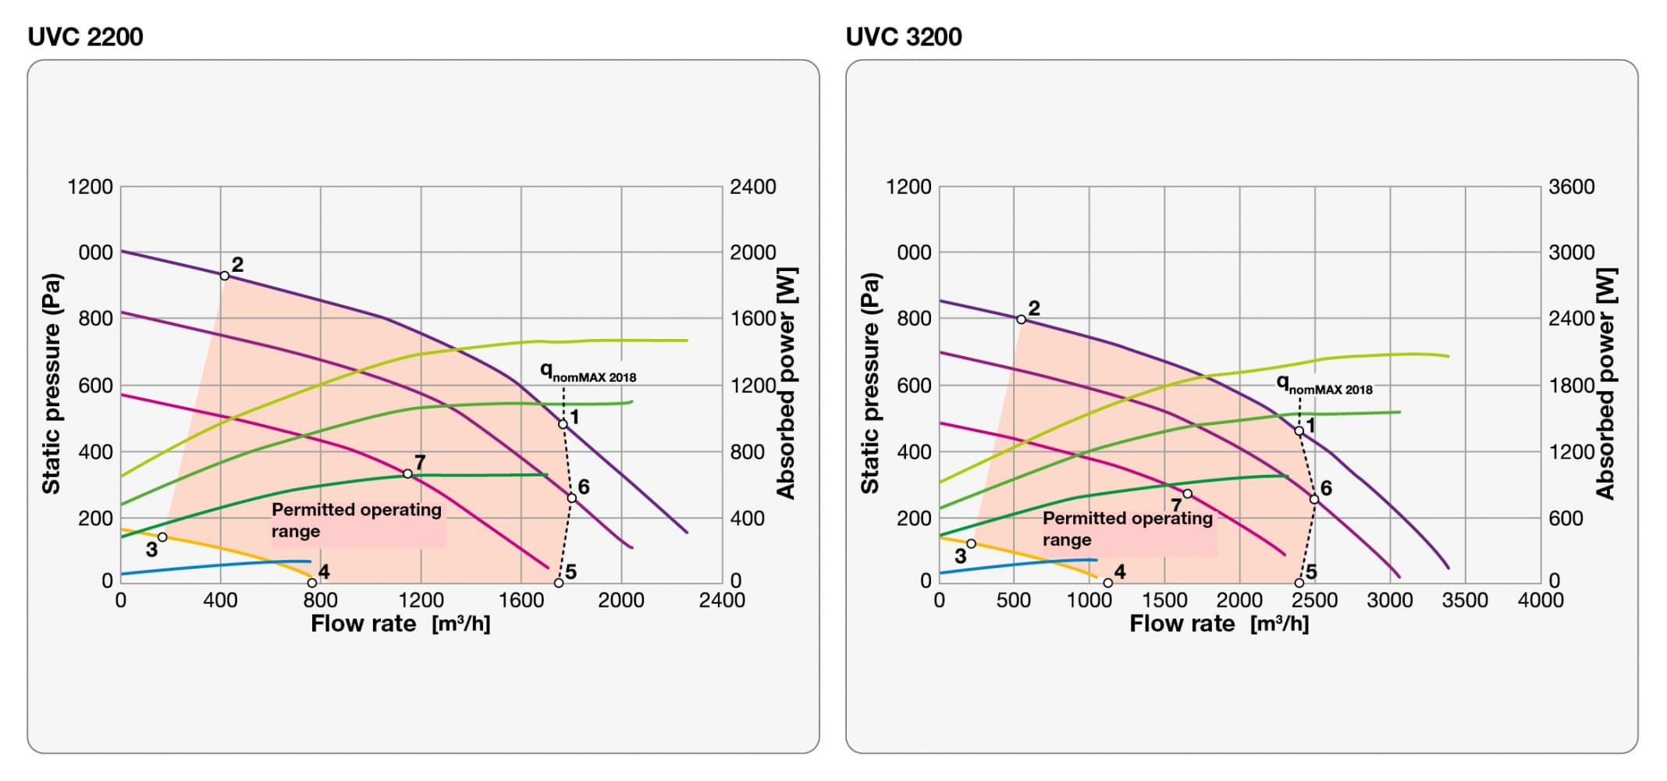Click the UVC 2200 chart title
85,37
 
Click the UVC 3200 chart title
903,37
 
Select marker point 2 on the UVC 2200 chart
225,276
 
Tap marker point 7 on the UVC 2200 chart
407,474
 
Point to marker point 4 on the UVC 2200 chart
312,583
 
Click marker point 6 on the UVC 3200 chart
1314,499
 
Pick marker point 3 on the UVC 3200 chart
971,544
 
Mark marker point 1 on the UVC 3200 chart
1299,431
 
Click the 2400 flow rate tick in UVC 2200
722,601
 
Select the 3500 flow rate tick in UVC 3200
1465,601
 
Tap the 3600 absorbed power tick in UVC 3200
1571,187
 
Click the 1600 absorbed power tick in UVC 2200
752,319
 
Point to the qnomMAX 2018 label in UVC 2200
588,374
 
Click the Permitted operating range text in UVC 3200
1127,529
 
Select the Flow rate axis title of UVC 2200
400,624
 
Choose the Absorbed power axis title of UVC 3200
1606,383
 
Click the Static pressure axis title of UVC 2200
52,383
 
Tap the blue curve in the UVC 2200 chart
219,566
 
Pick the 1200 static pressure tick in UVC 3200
908,187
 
